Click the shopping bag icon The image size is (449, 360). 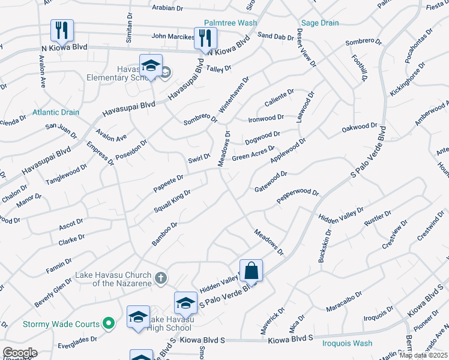252,271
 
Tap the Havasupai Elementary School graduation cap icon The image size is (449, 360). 151,66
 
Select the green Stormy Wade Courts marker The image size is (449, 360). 109,324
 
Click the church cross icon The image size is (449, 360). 160,278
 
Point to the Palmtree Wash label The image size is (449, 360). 230,23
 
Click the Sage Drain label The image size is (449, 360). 319,23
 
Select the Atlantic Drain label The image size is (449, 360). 56,112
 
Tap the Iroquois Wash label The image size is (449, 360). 348,343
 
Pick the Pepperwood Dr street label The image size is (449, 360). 297,196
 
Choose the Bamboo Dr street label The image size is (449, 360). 164,234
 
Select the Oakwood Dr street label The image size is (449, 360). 359,128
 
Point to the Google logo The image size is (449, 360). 19,353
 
